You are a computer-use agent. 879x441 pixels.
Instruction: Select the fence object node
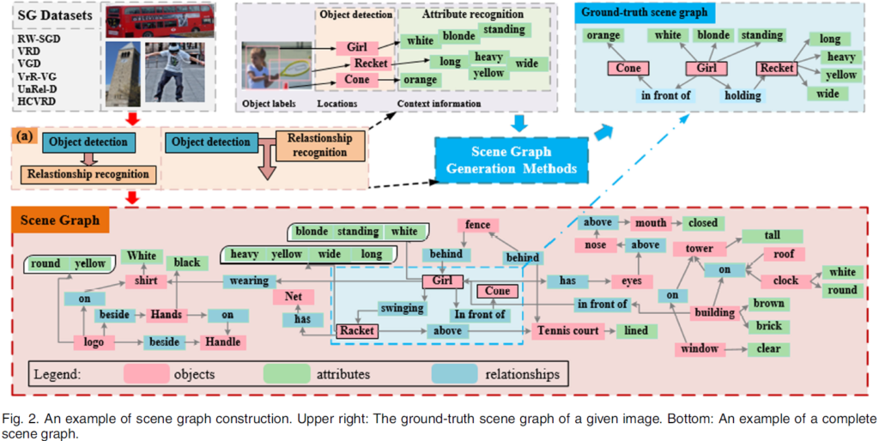477,225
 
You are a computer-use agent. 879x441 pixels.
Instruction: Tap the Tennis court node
568,330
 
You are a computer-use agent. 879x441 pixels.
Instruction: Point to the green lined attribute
636,330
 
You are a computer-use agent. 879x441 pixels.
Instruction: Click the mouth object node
650,223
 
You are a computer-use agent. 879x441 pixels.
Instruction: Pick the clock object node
785,281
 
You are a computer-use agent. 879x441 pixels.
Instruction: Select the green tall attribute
772,236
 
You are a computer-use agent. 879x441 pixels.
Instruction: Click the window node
697,349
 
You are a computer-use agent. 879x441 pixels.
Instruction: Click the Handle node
223,341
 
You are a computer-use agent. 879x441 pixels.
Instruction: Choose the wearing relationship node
249,281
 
